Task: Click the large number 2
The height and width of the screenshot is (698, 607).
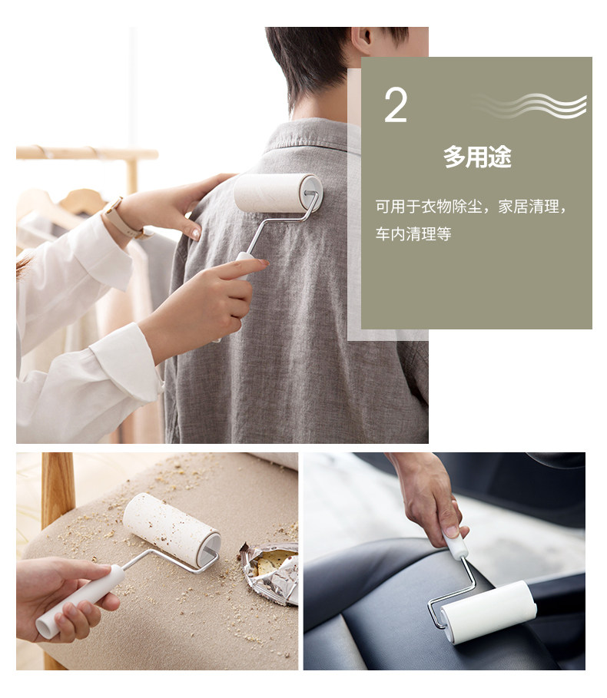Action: click(x=396, y=105)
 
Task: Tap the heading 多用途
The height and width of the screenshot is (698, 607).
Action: click(x=477, y=157)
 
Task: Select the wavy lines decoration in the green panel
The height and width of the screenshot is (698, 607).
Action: click(x=529, y=106)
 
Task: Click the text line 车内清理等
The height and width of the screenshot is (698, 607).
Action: click(x=413, y=233)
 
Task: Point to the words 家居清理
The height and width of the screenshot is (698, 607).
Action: click(x=528, y=207)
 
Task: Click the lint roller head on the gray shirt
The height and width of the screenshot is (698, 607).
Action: click(x=278, y=193)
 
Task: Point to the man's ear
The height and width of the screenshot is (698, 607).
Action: click(x=363, y=38)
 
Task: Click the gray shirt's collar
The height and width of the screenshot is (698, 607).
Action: click(x=307, y=134)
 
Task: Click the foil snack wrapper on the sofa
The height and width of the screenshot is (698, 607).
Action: click(x=270, y=572)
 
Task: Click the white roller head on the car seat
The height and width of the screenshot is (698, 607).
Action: click(x=489, y=612)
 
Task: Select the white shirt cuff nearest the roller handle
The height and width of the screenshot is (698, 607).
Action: click(x=127, y=360)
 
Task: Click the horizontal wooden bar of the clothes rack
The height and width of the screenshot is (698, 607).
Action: click(x=88, y=153)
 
